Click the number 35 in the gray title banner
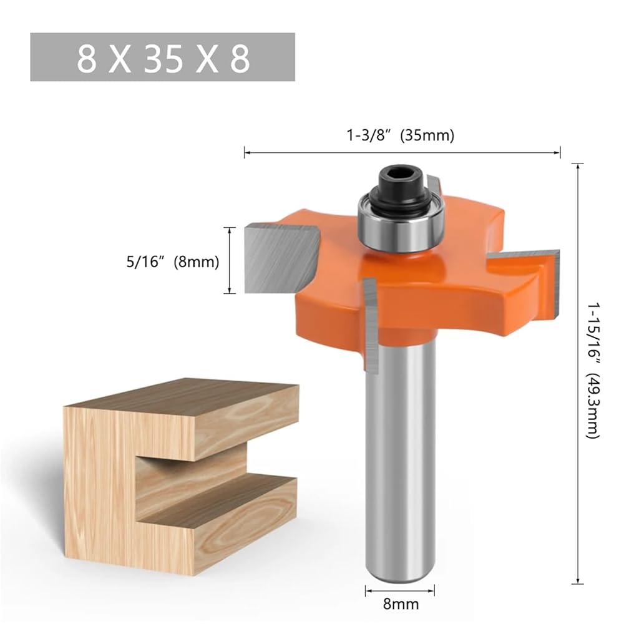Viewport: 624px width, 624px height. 163,59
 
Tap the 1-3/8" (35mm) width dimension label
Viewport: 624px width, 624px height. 401,135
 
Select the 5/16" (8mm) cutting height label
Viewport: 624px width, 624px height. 173,262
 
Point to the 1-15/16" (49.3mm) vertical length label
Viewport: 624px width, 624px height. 593,371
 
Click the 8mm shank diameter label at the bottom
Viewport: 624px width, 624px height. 401,604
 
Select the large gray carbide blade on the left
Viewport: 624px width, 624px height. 281,258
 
